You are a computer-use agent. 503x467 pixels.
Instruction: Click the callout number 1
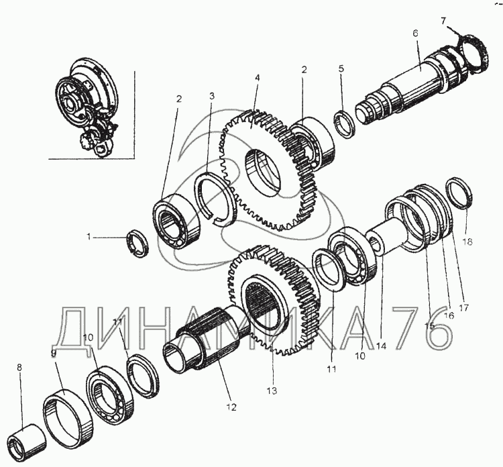[x=89, y=238]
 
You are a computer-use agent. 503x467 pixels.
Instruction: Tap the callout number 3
[x=212, y=96]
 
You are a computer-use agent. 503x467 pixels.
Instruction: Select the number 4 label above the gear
[x=257, y=78]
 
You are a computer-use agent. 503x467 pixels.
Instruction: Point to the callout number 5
[x=341, y=68]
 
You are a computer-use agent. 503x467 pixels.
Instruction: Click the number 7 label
[x=443, y=21]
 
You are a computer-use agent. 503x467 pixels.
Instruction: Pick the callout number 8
[x=19, y=368]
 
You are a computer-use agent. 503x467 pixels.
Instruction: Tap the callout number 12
[x=231, y=407]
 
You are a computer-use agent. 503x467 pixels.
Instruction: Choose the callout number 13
[x=272, y=391]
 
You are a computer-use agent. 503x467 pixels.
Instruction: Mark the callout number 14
[x=382, y=346]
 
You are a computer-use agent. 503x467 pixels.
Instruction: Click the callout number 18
[x=467, y=242]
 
